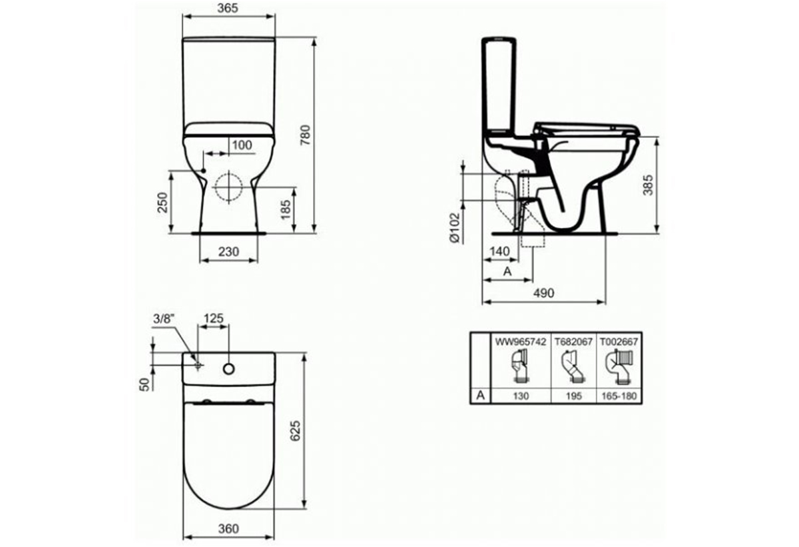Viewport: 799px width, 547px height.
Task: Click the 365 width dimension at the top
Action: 228,8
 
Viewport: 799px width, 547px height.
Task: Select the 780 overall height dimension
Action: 306,135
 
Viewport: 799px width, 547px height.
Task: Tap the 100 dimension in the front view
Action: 242,145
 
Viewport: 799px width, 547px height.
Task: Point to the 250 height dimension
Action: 162,203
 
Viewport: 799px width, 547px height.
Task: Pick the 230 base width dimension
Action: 228,252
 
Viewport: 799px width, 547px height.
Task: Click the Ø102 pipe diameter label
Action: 455,228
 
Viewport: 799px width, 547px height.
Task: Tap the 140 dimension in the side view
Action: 500,252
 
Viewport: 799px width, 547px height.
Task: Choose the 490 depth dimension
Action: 543,293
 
